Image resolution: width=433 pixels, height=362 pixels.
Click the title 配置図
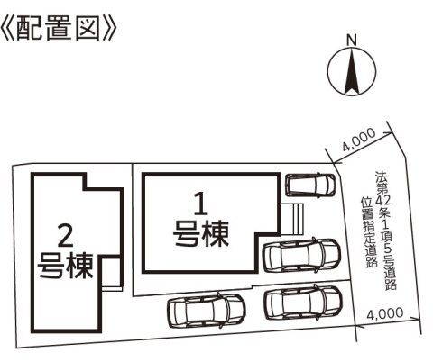[58, 29]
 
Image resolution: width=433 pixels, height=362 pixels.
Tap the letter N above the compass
[352, 41]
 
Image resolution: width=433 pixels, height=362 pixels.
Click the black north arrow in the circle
[352, 71]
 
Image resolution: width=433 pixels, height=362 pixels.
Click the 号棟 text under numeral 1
[201, 233]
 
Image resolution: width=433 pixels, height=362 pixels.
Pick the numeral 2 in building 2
[65, 235]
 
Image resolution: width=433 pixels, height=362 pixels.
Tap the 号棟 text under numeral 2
[65, 266]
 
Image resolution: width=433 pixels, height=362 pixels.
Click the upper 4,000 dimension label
[359, 140]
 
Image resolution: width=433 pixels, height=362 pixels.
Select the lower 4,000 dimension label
[385, 313]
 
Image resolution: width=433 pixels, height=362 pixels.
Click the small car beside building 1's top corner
[310, 185]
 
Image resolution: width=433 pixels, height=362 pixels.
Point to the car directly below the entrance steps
[302, 255]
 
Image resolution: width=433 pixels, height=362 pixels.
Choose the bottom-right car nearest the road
[303, 302]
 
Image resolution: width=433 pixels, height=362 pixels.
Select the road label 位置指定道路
[371, 232]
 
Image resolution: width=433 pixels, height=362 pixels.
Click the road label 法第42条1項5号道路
[386, 230]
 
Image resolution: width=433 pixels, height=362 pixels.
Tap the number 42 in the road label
[383, 199]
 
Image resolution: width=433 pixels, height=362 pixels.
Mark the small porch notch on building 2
[112, 273]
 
